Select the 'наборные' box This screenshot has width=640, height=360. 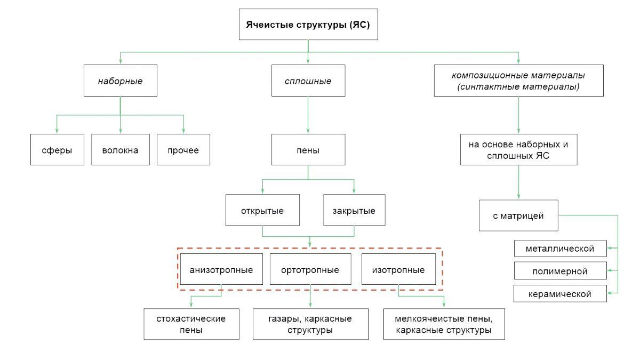[120, 81]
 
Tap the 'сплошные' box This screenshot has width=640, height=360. [308, 81]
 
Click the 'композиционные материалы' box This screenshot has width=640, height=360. [518, 81]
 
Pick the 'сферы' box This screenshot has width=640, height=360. [57, 150]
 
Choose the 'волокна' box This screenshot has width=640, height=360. [121, 150]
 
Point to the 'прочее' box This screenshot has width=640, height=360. [183, 150]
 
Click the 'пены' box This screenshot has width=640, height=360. [308, 150]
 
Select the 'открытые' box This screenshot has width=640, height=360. [262, 211]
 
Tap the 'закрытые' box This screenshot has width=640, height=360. [354, 211]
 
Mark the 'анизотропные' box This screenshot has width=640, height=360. [221, 269]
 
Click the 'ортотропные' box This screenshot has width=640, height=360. [310, 269]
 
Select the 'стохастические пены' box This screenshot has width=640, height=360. [191, 324]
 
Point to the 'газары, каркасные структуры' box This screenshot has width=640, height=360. [310, 324]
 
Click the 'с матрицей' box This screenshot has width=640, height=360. [518, 215]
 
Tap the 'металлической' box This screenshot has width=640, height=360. [560, 249]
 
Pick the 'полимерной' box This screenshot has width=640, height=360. [560, 271]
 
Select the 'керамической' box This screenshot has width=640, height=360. [560, 293]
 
